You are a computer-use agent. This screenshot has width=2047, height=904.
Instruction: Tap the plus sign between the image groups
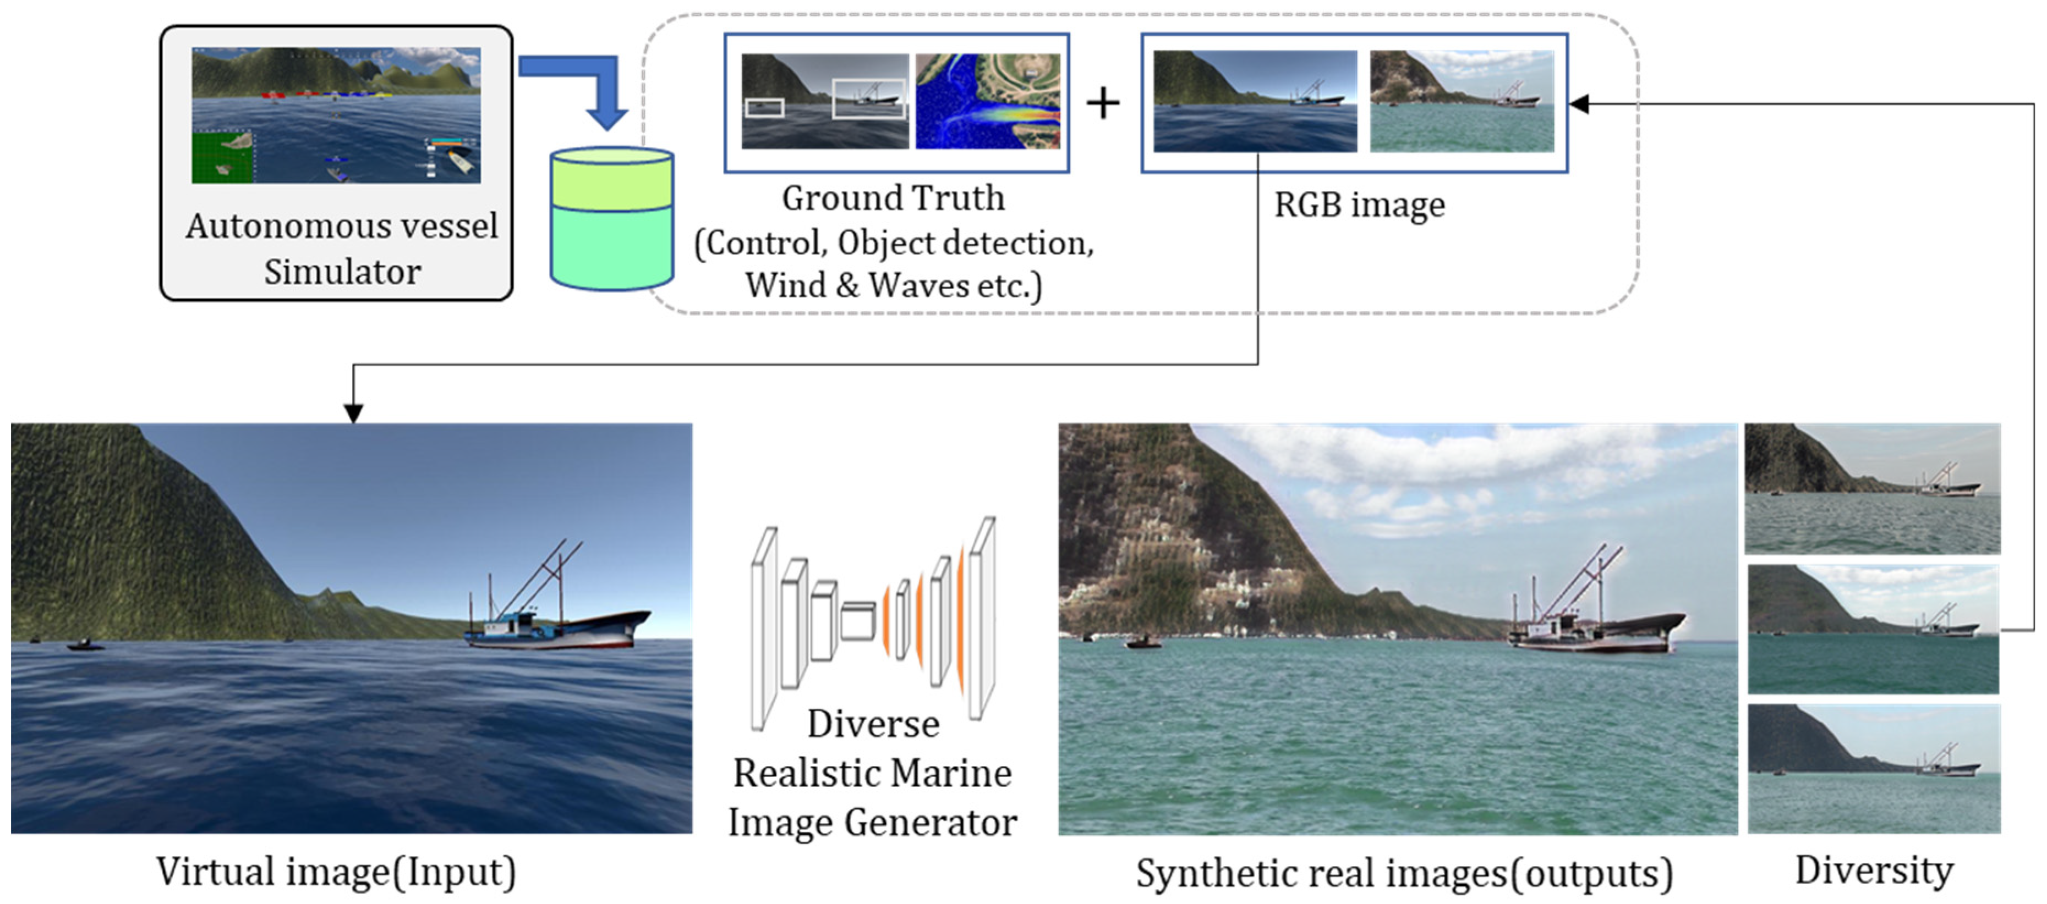(1103, 103)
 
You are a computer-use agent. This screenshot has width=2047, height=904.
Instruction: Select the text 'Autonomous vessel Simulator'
(342, 249)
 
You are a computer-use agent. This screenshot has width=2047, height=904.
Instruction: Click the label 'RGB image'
(1359, 205)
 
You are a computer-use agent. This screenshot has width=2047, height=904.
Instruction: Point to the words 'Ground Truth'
(893, 198)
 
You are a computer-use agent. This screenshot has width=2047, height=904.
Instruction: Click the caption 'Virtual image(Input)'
(336, 872)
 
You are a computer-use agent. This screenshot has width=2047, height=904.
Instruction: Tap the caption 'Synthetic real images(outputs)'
(1404, 873)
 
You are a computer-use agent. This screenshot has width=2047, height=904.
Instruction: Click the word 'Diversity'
(1874, 870)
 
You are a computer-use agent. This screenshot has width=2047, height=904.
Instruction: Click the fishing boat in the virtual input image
(556, 620)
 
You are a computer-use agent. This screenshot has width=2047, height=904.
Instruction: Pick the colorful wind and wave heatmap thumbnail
(988, 101)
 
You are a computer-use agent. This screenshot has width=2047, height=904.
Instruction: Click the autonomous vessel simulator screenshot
(336, 115)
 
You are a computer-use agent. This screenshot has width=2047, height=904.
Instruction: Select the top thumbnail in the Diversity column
(1872, 488)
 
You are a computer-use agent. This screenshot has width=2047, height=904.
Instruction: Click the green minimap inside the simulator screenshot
(222, 157)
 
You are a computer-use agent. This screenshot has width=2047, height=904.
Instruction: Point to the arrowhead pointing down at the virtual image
(354, 413)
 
